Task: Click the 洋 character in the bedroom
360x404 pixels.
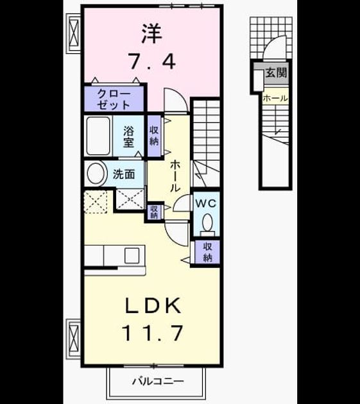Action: [152, 33]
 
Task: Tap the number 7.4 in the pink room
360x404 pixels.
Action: [153, 62]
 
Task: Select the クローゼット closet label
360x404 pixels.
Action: [114, 99]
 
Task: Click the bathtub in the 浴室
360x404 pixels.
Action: [98, 136]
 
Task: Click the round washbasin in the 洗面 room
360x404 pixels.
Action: [98, 173]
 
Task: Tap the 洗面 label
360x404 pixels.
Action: [124, 174]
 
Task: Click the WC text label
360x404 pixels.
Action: [205, 204]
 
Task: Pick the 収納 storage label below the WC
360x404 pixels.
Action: [207, 252]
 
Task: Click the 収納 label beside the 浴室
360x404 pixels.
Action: [154, 136]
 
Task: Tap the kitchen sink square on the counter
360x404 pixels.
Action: [132, 255]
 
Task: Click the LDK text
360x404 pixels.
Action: [153, 306]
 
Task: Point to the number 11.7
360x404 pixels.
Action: [153, 333]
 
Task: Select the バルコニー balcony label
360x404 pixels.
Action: [158, 381]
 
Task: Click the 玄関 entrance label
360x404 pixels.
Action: [276, 72]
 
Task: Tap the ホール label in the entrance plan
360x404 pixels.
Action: [275, 98]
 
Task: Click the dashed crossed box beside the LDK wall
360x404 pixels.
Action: [96, 202]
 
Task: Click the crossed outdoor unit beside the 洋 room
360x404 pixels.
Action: [74, 33]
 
